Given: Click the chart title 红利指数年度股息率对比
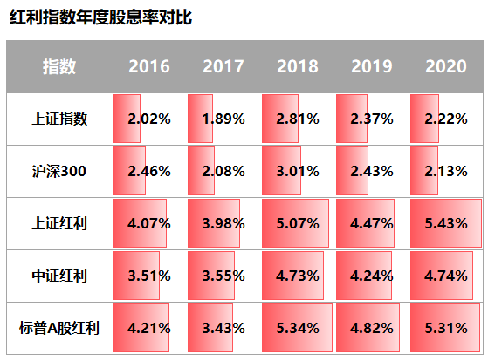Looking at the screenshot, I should [100, 17].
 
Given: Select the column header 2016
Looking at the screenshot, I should [148, 66].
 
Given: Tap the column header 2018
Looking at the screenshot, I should [298, 66].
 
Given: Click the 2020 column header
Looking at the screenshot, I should [446, 66].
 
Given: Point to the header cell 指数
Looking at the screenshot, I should [59, 66].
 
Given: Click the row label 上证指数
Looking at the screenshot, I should [59, 119].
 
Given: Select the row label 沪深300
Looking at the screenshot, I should [59, 171].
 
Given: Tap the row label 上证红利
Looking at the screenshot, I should [59, 223].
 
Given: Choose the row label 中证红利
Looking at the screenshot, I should [59, 276].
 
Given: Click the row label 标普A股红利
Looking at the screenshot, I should [59, 329].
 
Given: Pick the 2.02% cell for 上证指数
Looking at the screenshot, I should [148, 119].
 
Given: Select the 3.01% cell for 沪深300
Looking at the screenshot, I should [298, 172].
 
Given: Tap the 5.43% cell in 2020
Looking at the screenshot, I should [446, 224].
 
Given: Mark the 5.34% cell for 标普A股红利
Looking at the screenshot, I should [298, 330].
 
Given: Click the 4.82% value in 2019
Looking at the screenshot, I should [372, 330].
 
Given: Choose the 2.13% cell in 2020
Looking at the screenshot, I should [446, 172].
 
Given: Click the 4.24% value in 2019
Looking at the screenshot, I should [372, 277].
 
